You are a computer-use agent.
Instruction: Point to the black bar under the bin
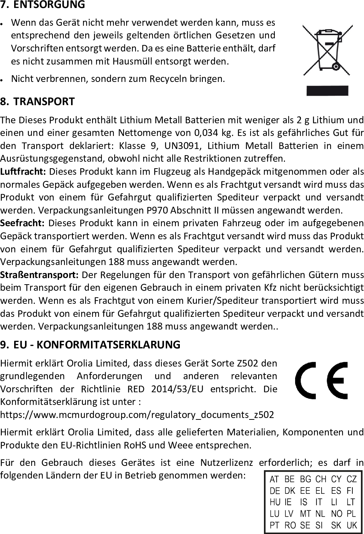click(327, 91)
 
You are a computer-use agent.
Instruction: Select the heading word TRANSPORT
click(44, 102)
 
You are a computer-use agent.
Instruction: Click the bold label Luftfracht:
click(23, 171)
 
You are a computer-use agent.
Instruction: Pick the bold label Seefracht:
click(22, 222)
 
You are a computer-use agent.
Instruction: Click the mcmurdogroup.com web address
click(137, 415)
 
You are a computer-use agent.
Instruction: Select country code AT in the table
click(274, 480)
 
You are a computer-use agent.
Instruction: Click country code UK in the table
click(352, 525)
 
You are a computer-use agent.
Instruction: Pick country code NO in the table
click(336, 514)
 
